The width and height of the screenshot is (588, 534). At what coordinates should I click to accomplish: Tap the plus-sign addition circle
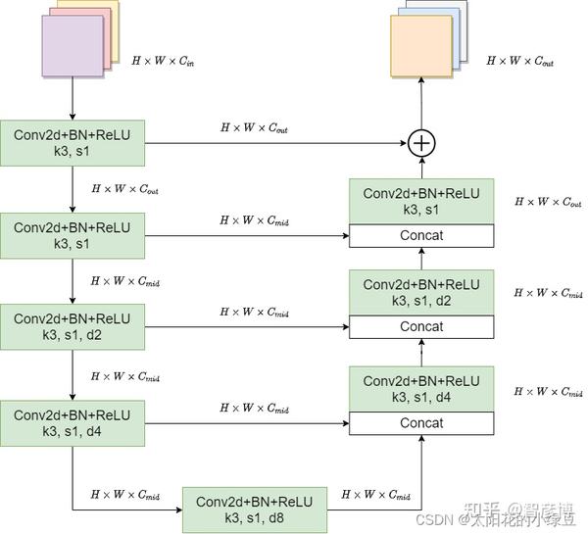coord(421,143)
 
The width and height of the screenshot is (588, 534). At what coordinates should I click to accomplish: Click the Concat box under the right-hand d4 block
coord(421,423)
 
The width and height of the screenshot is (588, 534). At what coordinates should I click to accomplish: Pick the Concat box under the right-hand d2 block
coord(421,326)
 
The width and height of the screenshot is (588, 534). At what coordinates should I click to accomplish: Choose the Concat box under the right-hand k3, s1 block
coord(421,235)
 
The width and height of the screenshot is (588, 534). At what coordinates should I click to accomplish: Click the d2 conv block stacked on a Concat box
coord(421,292)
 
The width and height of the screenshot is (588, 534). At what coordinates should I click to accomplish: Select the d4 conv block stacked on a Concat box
coord(421,389)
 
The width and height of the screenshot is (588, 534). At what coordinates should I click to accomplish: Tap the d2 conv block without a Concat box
coord(73,327)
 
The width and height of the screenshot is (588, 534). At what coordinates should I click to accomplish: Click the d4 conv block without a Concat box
coord(73,423)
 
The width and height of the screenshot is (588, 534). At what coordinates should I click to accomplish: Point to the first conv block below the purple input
coord(73,143)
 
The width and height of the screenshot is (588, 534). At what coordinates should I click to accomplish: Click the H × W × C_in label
coord(163,60)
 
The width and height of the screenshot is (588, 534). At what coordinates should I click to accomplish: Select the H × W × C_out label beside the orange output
coord(519,61)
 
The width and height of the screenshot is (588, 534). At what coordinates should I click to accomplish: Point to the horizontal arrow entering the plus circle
coord(274,143)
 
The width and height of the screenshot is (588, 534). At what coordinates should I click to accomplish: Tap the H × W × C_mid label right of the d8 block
coord(375,495)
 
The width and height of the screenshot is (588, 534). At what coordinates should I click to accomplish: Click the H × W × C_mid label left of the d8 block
coord(124,495)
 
